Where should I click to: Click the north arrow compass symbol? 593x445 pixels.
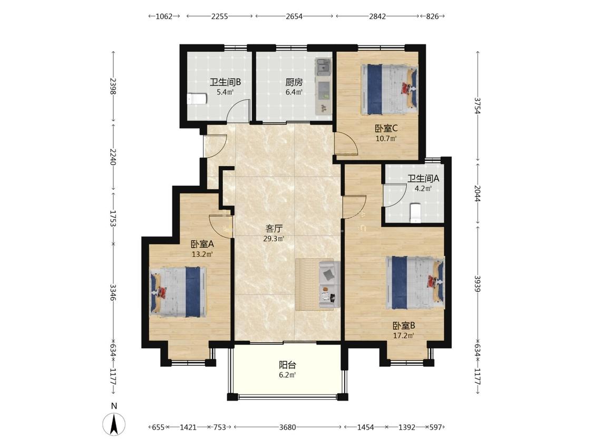114,424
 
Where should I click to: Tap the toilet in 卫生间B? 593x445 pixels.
197,99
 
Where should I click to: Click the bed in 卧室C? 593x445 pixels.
389,89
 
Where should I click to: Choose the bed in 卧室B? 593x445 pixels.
415,282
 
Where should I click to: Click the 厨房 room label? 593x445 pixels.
294,82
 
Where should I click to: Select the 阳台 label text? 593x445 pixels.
287,365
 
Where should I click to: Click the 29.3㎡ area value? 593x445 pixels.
274,239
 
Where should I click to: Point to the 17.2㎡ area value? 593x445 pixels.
404,336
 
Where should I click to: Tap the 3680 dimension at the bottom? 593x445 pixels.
287,427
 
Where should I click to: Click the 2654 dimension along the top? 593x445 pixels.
294,16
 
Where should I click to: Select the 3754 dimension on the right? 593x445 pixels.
477,105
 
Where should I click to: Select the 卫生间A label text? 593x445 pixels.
423,178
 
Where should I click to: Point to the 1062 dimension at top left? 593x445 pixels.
164,16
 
